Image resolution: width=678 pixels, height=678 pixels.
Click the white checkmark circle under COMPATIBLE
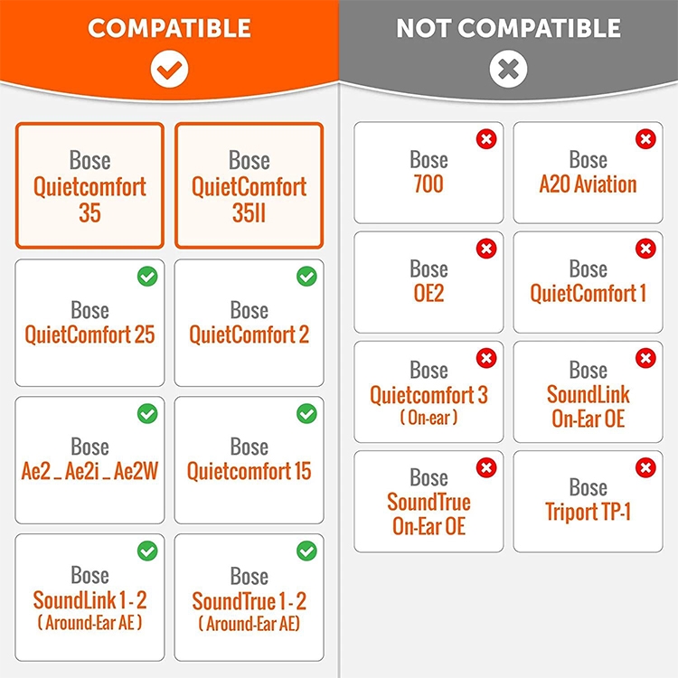(169, 69)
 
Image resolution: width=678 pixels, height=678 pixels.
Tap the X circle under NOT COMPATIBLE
(508, 69)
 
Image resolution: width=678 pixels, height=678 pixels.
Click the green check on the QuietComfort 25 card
(147, 277)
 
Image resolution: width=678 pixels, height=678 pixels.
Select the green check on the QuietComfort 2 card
(306, 277)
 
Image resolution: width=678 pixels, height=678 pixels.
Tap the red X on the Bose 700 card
(486, 139)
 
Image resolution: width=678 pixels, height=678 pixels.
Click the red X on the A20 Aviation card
(645, 139)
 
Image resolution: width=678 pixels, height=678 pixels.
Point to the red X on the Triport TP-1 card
(645, 467)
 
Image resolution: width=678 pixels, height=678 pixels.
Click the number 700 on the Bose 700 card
(428, 184)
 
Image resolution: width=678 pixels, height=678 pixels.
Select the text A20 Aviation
(589, 184)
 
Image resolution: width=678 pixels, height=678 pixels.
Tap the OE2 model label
(428, 293)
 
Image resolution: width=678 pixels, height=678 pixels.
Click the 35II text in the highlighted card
(250, 212)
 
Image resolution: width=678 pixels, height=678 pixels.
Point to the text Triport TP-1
(589, 512)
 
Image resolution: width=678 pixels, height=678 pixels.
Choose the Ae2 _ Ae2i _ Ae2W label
(89, 471)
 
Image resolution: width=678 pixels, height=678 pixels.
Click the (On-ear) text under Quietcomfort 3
(428, 418)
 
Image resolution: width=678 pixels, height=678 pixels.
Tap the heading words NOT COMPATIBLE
(508, 28)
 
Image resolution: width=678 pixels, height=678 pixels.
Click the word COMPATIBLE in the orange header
(170, 28)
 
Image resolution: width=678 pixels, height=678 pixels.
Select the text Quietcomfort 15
(250, 471)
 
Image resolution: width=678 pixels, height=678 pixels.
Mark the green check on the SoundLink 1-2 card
(147, 551)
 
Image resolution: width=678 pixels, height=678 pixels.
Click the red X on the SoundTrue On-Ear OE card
(486, 467)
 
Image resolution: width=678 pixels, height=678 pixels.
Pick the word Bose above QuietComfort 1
(589, 269)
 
